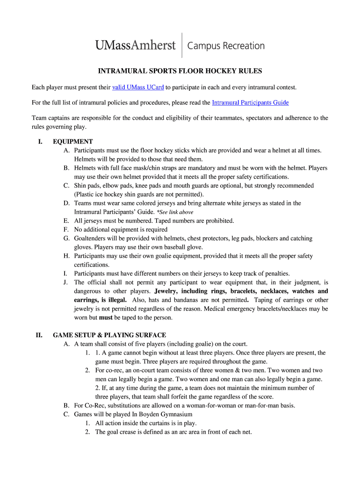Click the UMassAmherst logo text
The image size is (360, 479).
(x=136, y=45)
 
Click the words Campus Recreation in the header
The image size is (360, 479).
(x=226, y=46)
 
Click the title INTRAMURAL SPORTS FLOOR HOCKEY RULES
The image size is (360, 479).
(x=180, y=71)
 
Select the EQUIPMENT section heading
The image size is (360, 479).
(x=73, y=142)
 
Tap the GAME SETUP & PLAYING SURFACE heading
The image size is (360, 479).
(x=109, y=335)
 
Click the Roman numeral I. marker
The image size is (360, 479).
(x=41, y=142)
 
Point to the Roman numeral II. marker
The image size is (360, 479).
(x=40, y=335)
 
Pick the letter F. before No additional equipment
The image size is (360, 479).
(x=66, y=230)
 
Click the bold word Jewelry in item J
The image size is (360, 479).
(x=168, y=291)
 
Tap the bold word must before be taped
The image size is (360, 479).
(x=106, y=318)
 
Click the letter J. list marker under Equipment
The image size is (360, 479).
(x=66, y=283)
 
